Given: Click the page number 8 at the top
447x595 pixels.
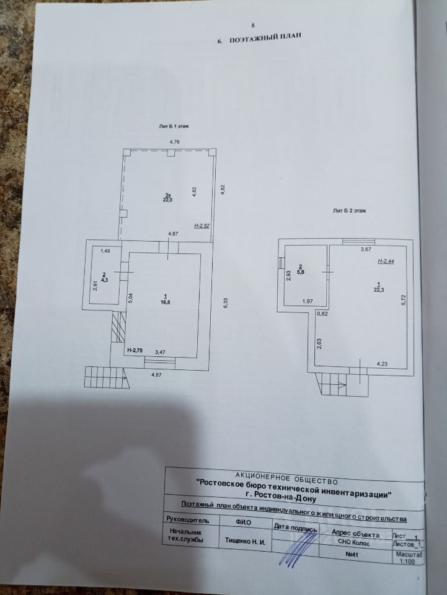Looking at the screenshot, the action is click(x=253, y=25).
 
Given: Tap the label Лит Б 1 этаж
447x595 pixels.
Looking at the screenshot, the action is click(x=174, y=126).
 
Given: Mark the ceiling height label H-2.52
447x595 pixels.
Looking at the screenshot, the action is click(x=202, y=227).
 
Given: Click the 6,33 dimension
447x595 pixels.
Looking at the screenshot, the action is click(x=228, y=302).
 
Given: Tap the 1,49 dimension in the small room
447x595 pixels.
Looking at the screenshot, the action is click(x=105, y=251).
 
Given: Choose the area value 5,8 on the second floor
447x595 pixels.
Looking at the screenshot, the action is click(x=300, y=271).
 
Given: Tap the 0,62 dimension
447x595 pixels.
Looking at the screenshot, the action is click(x=322, y=314).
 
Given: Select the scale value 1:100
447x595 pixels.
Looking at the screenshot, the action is click(x=407, y=562).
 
